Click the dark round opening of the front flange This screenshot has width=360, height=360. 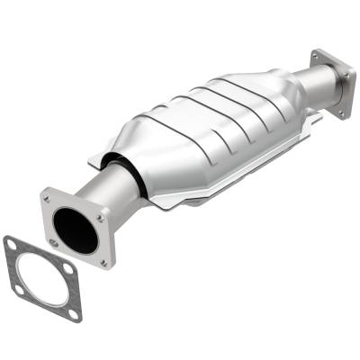[x=76, y=229]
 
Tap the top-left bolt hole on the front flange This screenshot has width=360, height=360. [x=48, y=197]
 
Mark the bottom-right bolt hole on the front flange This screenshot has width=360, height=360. [x=103, y=262]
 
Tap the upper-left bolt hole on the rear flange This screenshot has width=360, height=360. [x=318, y=56]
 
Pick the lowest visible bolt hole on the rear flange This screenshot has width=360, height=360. [x=342, y=112]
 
